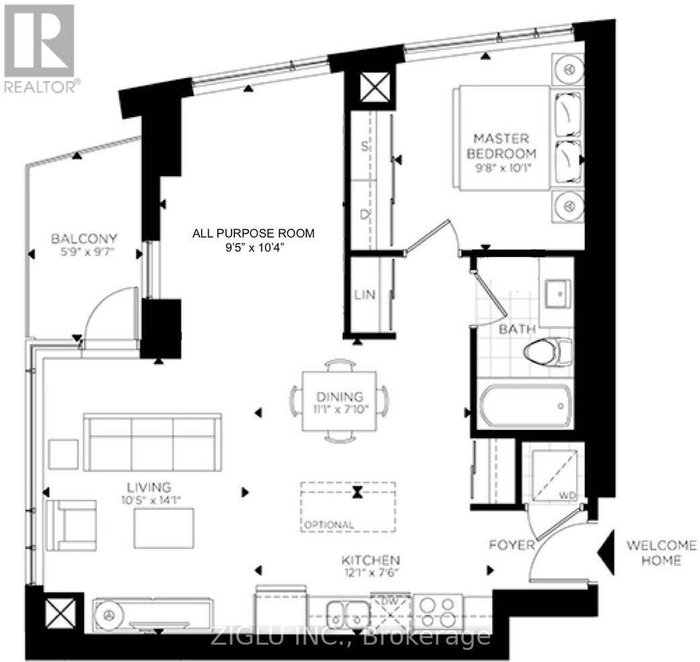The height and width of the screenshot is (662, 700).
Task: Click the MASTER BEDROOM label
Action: pyautogui.click(x=501, y=146)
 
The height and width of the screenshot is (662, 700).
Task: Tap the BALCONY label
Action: pyautogui.click(x=84, y=239)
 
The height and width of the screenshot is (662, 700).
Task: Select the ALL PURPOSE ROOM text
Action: pyautogui.click(x=253, y=233)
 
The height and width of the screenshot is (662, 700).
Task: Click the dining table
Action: pyautogui.click(x=339, y=401)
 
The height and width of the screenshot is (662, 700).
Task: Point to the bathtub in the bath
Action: pyautogui.click(x=525, y=406)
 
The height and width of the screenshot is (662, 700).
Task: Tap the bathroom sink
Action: pyautogui.click(x=557, y=294)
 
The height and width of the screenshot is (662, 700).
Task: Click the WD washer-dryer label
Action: pyautogui.click(x=567, y=496)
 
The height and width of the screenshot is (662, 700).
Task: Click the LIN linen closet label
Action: pyautogui.click(x=365, y=295)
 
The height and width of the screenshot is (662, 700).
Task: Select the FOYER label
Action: pyautogui.click(x=511, y=545)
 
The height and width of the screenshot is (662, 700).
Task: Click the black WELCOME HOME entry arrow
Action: pyautogui.click(x=606, y=552)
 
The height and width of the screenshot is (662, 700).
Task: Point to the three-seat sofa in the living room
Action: pyautogui.click(x=152, y=442)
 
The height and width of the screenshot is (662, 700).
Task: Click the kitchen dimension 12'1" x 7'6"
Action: pyautogui.click(x=371, y=572)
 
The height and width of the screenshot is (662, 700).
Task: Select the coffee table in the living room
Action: pyautogui.click(x=164, y=528)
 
